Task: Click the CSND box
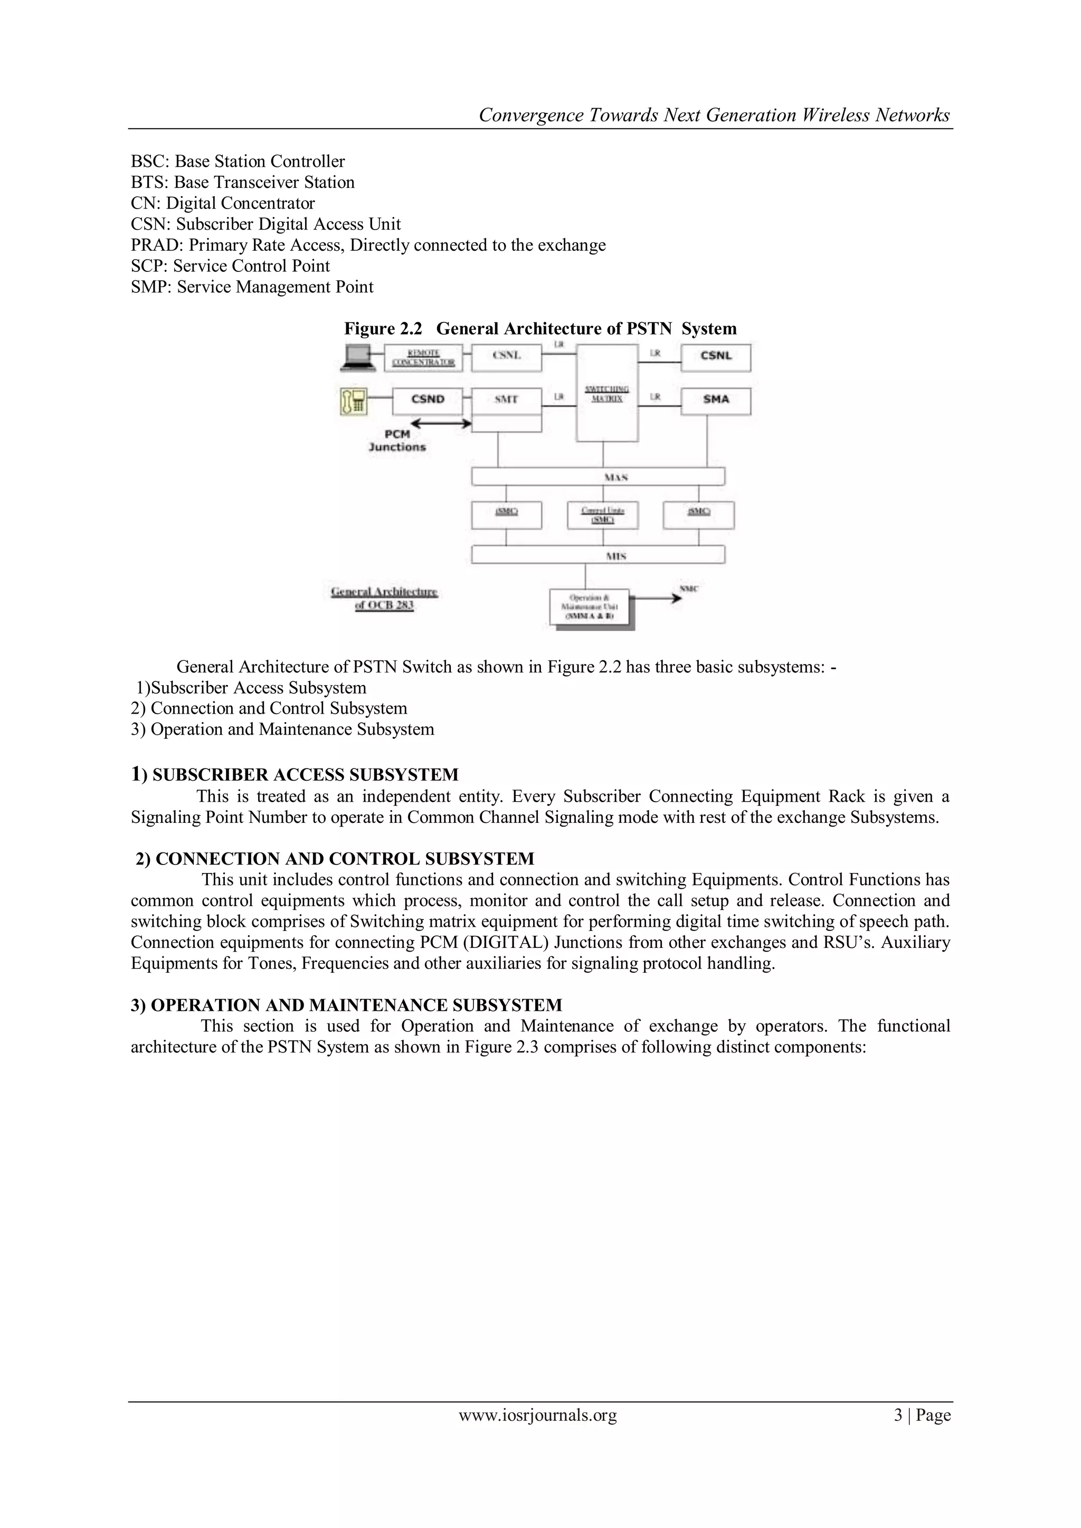pyautogui.click(x=428, y=400)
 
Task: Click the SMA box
pyautogui.click(x=716, y=400)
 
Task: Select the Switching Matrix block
pyautogui.click(x=607, y=393)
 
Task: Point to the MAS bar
pyautogui.click(x=598, y=477)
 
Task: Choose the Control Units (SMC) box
pyautogui.click(x=602, y=515)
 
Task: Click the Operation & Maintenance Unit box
pyautogui.click(x=589, y=607)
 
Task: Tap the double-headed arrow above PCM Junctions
pyautogui.click(x=441, y=423)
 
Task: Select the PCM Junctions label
pyautogui.click(x=397, y=441)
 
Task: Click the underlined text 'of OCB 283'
pyautogui.click(x=385, y=605)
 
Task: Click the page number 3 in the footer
pyautogui.click(x=898, y=1415)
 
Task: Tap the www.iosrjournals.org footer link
pyautogui.click(x=538, y=1415)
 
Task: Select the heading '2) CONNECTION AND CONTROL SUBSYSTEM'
pyautogui.click(x=335, y=859)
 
